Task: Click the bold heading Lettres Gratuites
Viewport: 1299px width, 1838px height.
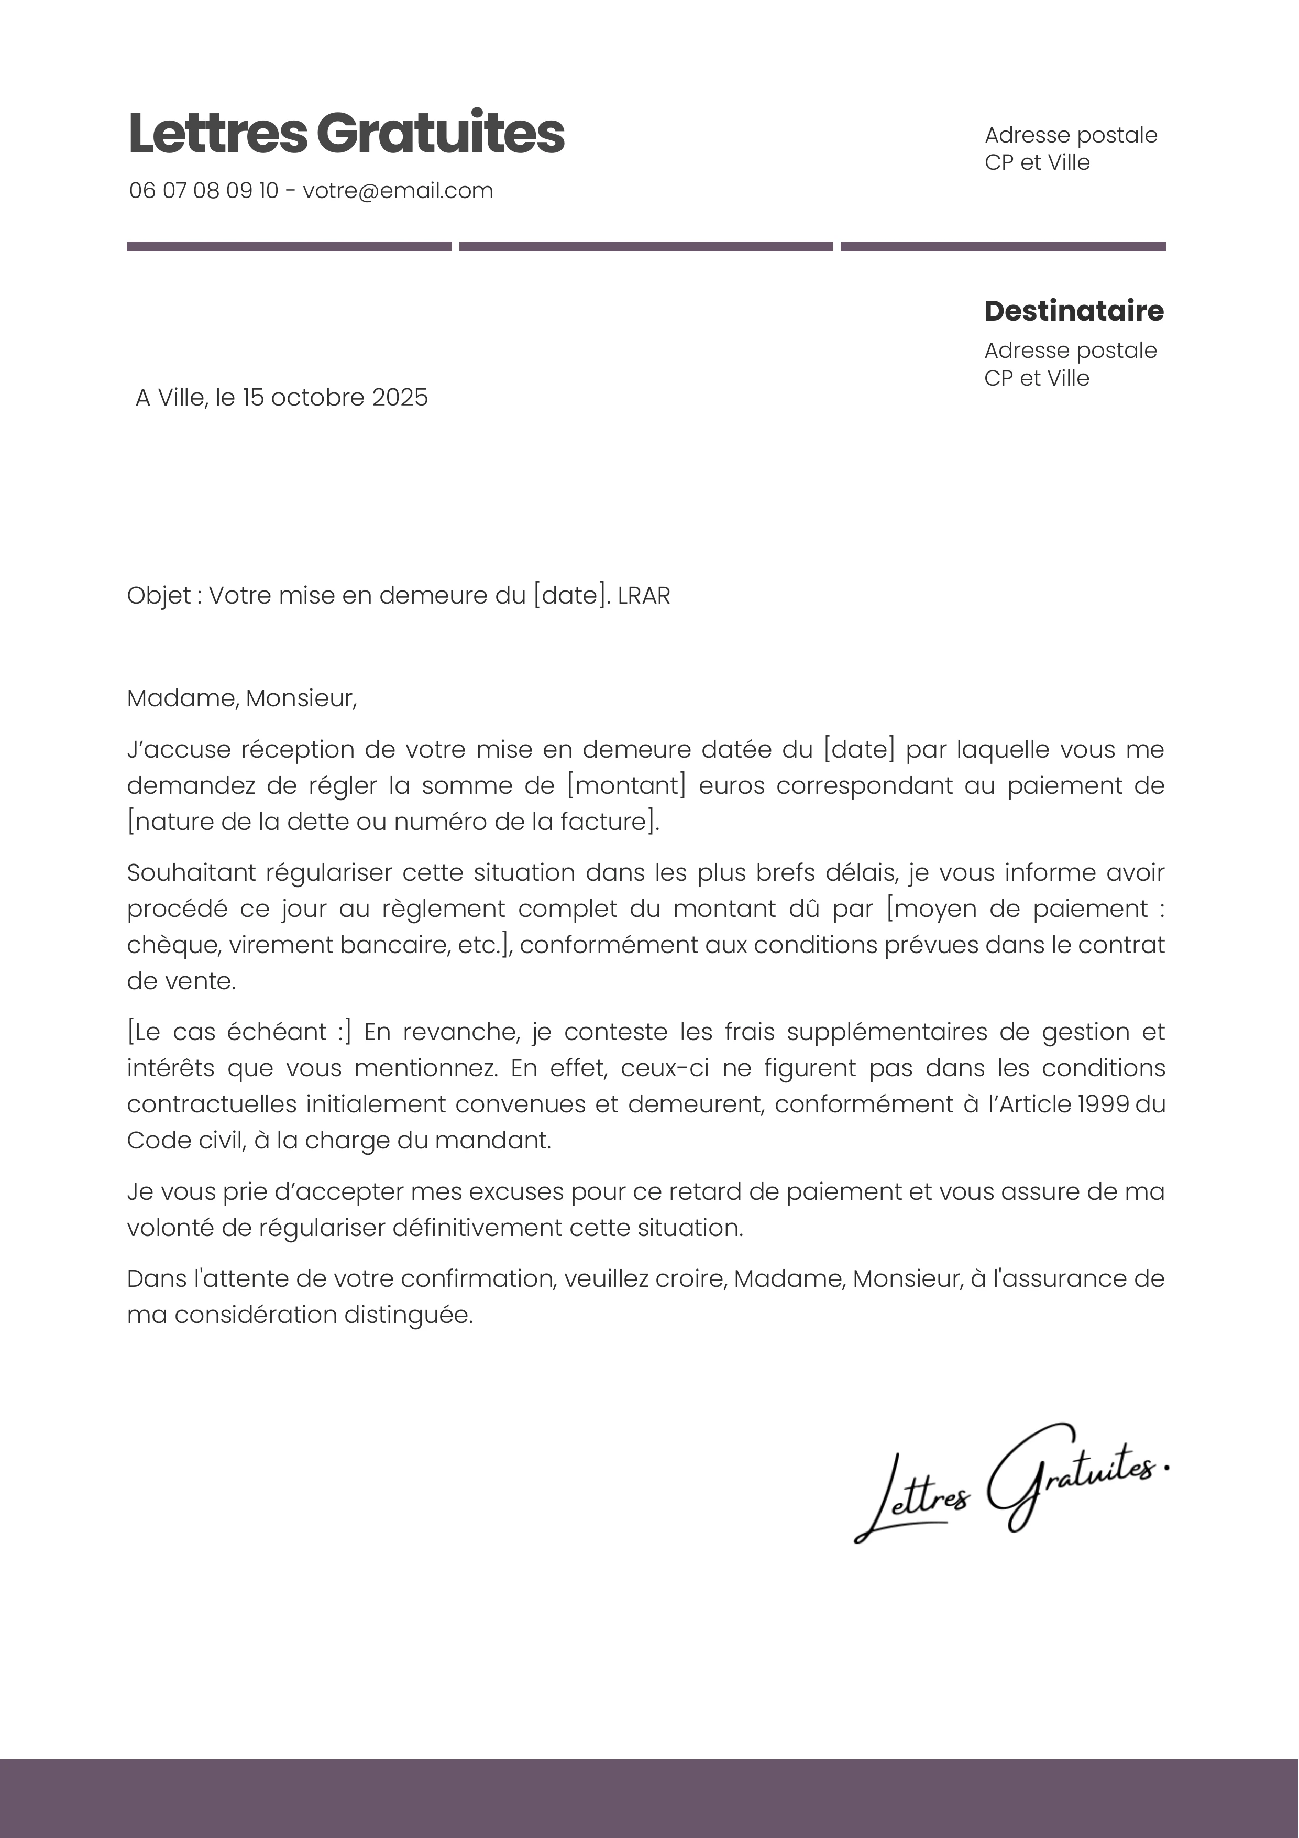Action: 346,133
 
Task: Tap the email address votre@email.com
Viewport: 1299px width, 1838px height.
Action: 398,191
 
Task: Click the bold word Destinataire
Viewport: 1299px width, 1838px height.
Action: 1073,311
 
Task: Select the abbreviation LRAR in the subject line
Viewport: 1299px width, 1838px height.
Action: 644,596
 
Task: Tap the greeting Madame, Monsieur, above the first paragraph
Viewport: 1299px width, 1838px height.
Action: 241,698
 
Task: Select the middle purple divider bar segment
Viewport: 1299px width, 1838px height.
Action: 646,247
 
